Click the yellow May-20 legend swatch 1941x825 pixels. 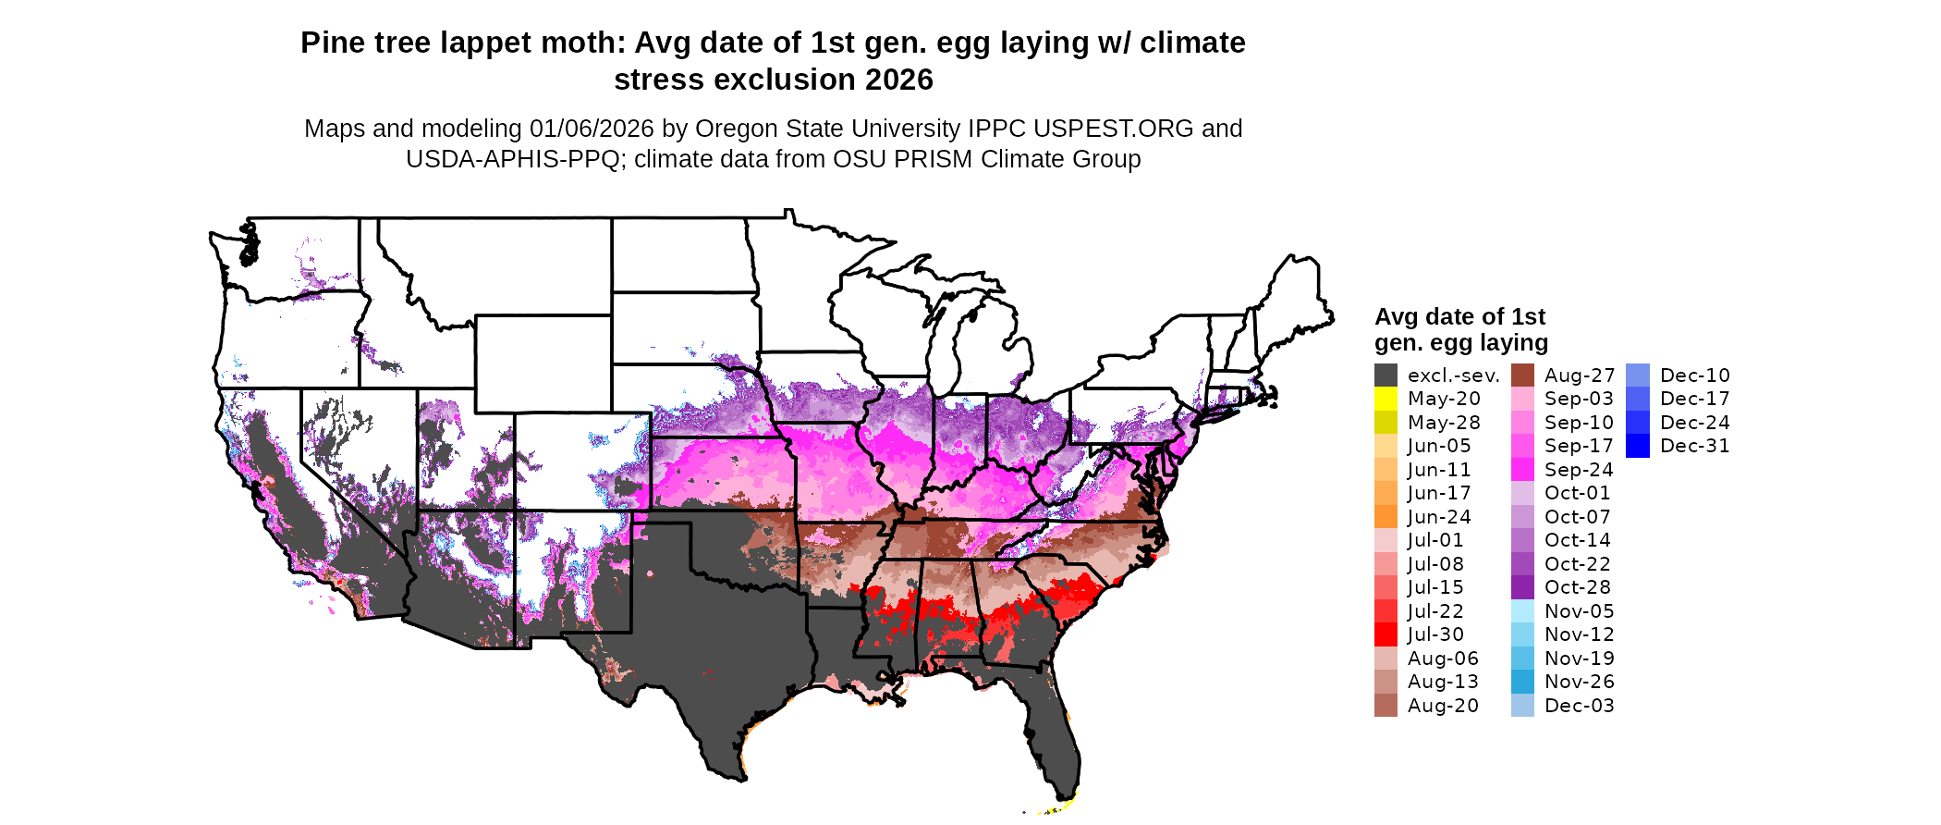(1386, 399)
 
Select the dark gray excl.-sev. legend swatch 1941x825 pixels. (1386, 376)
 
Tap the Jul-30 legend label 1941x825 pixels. (1435, 634)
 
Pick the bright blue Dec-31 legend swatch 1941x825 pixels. (1637, 446)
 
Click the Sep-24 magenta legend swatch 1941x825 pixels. (1522, 470)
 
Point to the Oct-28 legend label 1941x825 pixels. (1577, 587)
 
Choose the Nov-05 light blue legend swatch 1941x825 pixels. (1522, 611)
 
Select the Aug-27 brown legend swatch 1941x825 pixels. (1522, 376)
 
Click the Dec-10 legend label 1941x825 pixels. (1694, 376)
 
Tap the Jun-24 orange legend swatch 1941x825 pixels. (1386, 517)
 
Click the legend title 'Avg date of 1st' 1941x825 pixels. (1459, 317)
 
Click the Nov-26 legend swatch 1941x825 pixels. (1522, 682)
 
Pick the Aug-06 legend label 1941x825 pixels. (1443, 659)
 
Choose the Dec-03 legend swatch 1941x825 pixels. (1522, 706)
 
